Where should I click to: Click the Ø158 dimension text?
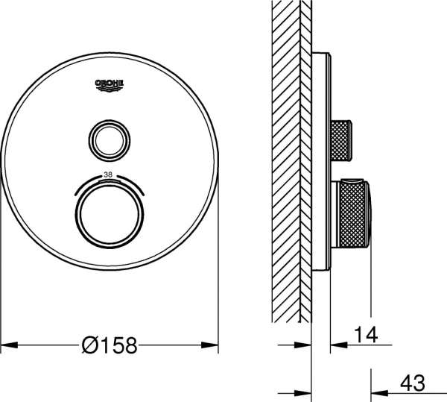[x=110, y=345]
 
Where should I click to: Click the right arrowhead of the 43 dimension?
[x=378, y=392]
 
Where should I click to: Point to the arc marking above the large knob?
[x=109, y=179]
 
